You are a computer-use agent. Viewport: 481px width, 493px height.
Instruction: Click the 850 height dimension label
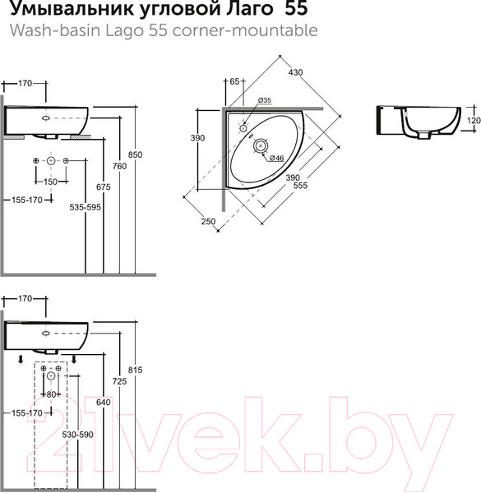(x=136, y=154)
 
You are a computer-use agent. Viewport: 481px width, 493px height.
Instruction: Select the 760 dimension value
(x=119, y=166)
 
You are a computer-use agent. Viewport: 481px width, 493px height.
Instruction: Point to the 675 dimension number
(x=104, y=187)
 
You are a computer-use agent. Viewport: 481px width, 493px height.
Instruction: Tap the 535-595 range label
(x=86, y=207)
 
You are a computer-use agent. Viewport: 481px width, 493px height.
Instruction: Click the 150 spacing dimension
(x=50, y=182)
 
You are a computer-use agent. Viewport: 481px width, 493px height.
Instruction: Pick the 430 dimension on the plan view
(x=295, y=72)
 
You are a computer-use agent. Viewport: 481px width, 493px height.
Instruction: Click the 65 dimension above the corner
(x=234, y=81)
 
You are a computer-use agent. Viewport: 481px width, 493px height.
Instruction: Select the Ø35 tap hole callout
(x=265, y=100)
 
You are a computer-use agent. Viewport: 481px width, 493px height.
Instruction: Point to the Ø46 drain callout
(x=277, y=158)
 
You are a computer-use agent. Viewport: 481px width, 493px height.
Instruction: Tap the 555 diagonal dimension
(x=300, y=186)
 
